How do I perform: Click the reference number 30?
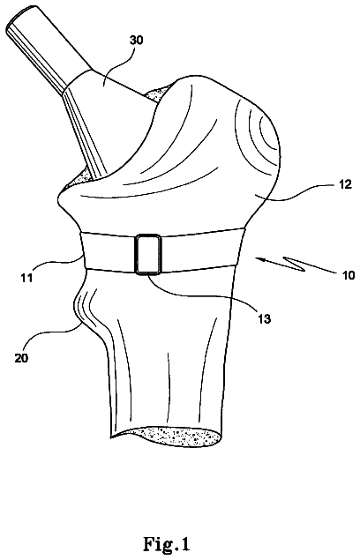coord(136,40)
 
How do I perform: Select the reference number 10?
coord(347,275)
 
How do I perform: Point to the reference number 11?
coord(26,277)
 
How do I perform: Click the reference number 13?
coord(264,318)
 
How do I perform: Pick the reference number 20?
coord(21,358)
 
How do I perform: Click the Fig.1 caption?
coord(167,544)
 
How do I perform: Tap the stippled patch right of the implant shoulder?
coord(156,93)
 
